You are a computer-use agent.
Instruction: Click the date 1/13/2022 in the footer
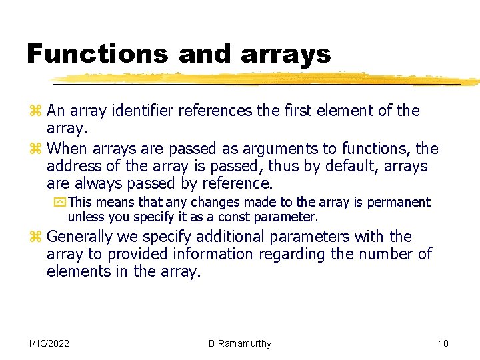tap(49, 343)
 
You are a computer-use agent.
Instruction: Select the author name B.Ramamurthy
tap(240, 343)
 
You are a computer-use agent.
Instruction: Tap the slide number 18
tap(443, 343)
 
